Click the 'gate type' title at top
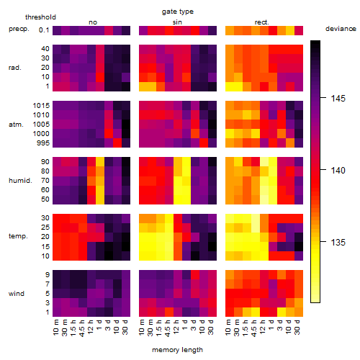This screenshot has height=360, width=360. tap(178, 12)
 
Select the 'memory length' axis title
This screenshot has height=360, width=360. tap(177, 350)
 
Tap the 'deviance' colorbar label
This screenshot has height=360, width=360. tap(341, 29)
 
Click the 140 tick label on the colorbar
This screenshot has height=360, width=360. tap(338, 171)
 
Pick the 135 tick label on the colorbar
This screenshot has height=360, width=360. tap(338, 243)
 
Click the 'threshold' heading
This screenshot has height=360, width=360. tap(40, 17)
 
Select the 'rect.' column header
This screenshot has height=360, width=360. tap(262, 22)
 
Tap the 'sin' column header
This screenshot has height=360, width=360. tap(177, 22)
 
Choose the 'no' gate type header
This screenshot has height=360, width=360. tap(93, 22)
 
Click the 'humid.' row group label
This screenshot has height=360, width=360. tap(20, 181)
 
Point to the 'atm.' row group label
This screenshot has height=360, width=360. tap(16, 125)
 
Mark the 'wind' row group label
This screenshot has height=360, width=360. tap(17, 294)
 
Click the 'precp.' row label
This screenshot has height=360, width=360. tap(19, 29)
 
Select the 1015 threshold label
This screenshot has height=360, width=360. tap(41, 106)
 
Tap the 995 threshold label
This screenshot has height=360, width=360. tap(43, 143)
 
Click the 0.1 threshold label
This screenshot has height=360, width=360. tap(44, 30)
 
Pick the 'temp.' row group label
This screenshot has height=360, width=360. tap(18, 236)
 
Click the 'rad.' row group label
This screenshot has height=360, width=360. tap(15, 68)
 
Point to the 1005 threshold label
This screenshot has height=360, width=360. tap(41, 125)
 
